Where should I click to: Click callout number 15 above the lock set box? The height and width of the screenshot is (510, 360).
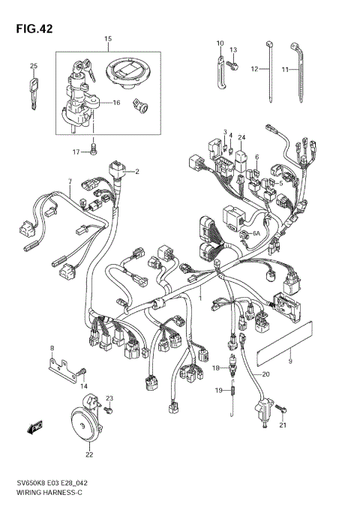[x=107, y=38]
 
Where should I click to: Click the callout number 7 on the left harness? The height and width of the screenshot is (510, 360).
[x=68, y=181]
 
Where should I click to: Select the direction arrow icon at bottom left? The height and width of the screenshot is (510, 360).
[x=35, y=428]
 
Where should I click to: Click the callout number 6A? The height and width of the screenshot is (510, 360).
[x=256, y=233]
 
